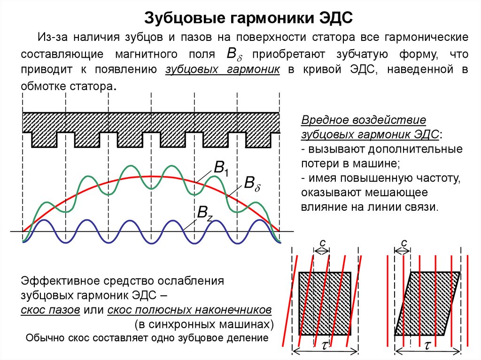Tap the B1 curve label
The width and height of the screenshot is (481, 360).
221,169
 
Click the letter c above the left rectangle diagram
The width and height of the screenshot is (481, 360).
322,242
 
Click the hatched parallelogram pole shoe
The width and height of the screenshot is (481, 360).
427,303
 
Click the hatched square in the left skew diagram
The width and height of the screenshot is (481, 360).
325,303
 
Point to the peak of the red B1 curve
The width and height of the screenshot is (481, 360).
151,176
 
